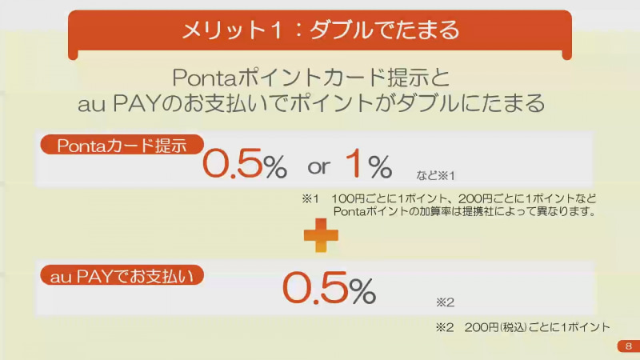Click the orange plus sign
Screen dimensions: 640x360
(x=321, y=235)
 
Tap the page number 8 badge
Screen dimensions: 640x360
(x=628, y=346)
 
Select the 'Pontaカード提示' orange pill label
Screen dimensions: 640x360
(x=122, y=145)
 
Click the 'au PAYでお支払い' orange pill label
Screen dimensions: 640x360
(x=122, y=275)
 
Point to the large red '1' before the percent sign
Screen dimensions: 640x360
(x=354, y=163)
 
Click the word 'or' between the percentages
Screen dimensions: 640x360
(x=318, y=166)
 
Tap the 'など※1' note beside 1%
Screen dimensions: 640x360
(x=435, y=175)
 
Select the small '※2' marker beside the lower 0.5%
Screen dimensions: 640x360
(x=445, y=302)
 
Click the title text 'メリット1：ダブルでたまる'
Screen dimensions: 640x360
(x=321, y=30)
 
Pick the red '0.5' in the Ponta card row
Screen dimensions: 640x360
(x=232, y=163)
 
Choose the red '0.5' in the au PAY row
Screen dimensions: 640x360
(x=315, y=288)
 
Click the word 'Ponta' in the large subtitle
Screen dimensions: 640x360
(x=204, y=78)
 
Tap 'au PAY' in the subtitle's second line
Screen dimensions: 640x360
(x=118, y=103)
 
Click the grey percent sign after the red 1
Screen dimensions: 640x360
(x=380, y=167)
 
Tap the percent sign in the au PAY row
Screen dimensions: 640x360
(x=362, y=291)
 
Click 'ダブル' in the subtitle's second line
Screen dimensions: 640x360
(x=427, y=103)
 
